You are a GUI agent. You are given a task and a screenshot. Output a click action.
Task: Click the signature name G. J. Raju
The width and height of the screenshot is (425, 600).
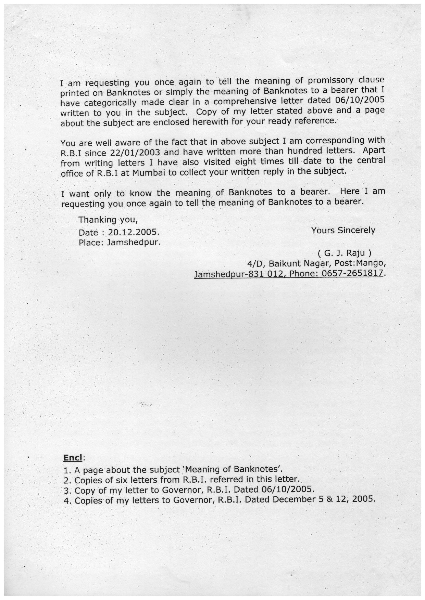coord(344,253)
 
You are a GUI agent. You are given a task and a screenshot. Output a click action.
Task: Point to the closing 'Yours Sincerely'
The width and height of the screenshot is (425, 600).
coord(343,230)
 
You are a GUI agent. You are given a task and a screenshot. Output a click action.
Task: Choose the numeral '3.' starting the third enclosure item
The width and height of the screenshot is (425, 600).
coord(67,490)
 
